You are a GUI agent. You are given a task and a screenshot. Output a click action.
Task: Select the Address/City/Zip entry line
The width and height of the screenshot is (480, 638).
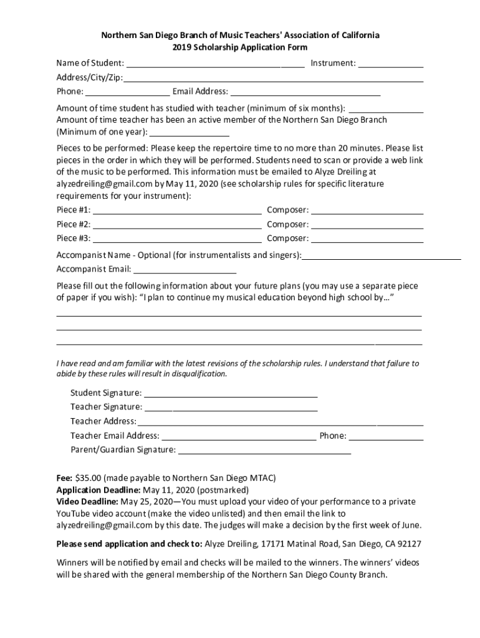coord(273,80)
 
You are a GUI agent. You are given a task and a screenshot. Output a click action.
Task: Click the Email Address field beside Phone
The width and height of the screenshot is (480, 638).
coord(305,95)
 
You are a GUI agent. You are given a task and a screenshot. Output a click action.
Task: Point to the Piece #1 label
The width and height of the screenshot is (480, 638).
coord(74,210)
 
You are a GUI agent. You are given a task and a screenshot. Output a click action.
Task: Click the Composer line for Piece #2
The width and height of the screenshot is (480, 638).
coord(367,227)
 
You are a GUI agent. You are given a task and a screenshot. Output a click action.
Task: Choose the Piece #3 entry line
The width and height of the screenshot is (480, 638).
coord(177,240)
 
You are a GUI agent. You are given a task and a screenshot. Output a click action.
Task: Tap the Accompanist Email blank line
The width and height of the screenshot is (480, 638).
coord(185,272)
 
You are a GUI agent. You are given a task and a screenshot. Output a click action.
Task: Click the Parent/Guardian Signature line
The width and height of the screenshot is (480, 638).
coord(264,453)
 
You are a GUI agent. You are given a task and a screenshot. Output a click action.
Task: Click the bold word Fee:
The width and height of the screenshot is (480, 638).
coord(65,478)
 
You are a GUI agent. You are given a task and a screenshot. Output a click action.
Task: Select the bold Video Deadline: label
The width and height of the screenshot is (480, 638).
coord(87,502)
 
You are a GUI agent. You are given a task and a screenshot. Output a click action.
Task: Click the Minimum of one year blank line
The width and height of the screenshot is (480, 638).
coord(190,135)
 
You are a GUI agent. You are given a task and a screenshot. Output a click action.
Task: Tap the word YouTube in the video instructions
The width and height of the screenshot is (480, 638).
coord(74,513)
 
